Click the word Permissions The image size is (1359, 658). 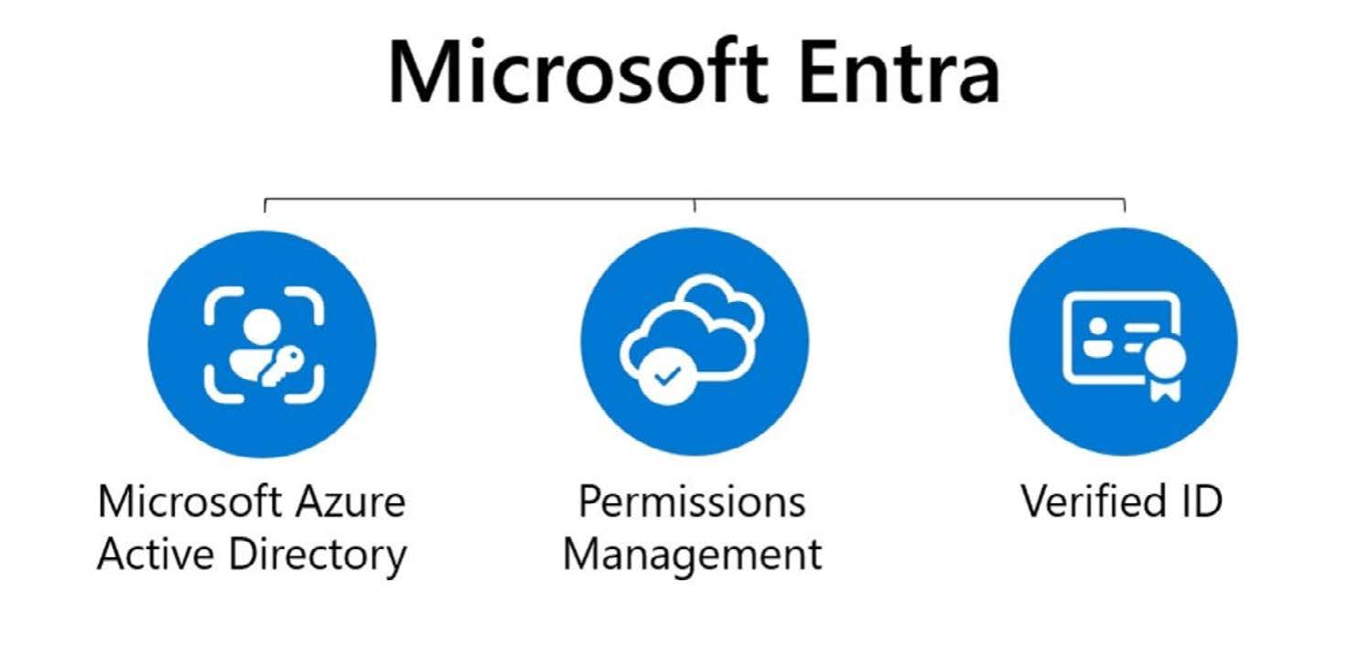[693, 502]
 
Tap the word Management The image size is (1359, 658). [693, 555]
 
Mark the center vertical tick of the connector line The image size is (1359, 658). [695, 205]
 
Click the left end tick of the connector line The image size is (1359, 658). [264, 205]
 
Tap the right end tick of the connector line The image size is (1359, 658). [1125, 205]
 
